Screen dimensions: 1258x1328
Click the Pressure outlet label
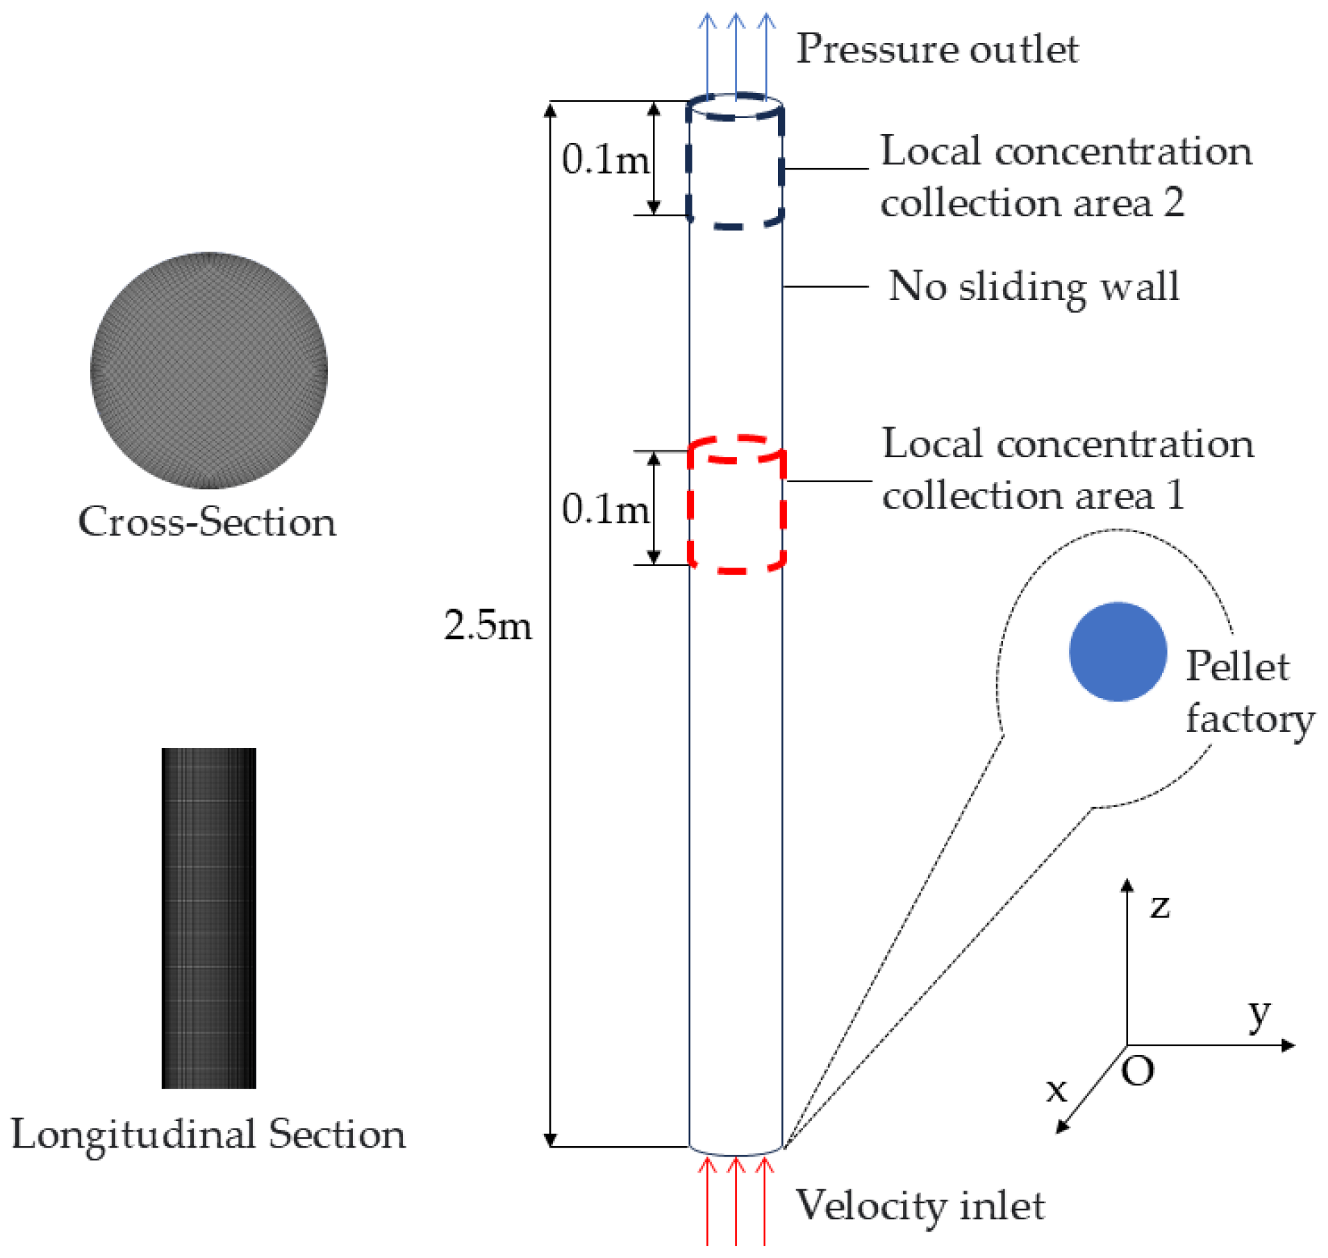click(x=936, y=49)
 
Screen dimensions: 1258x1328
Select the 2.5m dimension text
click(x=488, y=625)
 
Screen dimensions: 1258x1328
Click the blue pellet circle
click(x=1117, y=652)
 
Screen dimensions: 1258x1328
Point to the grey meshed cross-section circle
click(x=208, y=370)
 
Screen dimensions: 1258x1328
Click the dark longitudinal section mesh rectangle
click(x=208, y=918)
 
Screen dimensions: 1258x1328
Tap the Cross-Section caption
click(x=207, y=522)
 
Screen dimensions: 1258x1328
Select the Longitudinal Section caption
click(x=208, y=1134)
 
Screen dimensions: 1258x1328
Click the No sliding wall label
click(x=1034, y=286)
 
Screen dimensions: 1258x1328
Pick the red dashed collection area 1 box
click(x=736, y=505)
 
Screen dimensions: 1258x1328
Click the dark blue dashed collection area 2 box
click(x=735, y=161)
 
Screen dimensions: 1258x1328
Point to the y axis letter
click(x=1259, y=1016)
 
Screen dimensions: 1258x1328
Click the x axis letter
click(x=1056, y=1090)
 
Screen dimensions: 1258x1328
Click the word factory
click(x=1250, y=719)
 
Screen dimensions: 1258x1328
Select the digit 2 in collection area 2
click(x=1174, y=202)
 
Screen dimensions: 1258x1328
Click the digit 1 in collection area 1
click(x=1175, y=495)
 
